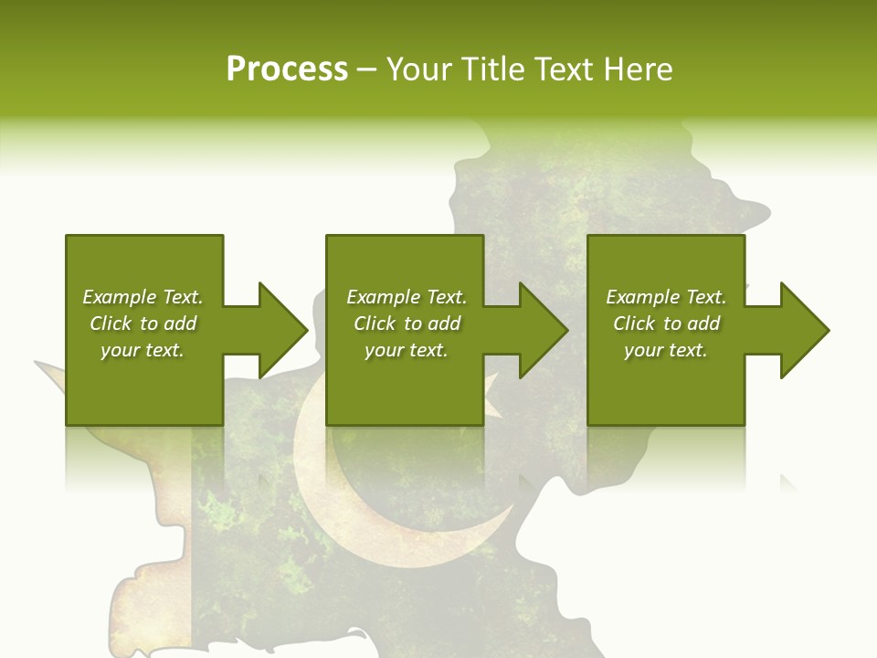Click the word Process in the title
click(287, 69)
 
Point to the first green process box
click(144, 330)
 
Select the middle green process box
click(405, 330)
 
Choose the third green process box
click(665, 330)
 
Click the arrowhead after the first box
click(282, 330)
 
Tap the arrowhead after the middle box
click(544, 330)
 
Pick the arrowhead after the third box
click(804, 330)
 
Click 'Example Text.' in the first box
click(143, 297)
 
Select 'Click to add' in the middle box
click(407, 324)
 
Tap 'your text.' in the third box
click(665, 350)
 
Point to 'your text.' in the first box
click(143, 350)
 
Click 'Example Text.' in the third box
click(666, 297)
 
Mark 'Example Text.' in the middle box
click(407, 297)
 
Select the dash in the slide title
click(366, 69)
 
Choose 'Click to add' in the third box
click(666, 324)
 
